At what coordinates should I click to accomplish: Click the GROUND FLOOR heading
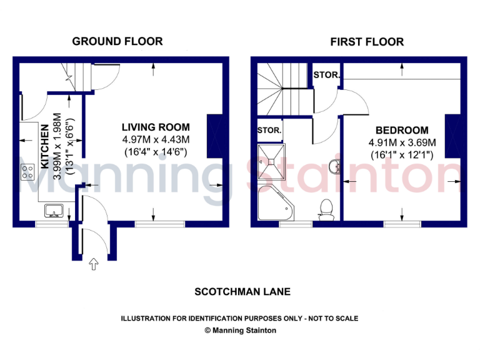(x=117, y=41)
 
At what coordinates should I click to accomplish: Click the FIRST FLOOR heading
(x=367, y=42)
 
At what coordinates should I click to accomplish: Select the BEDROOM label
(x=402, y=131)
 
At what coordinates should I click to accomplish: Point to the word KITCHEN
(x=46, y=147)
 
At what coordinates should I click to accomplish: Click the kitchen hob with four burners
(x=28, y=172)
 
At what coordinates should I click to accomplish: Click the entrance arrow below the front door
(x=94, y=264)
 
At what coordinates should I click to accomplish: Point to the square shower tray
(x=273, y=159)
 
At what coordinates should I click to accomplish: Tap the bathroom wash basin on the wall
(x=335, y=166)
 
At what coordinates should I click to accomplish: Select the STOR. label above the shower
(x=269, y=131)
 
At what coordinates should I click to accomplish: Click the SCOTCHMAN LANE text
(x=242, y=292)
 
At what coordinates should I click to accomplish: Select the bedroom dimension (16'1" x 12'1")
(x=402, y=154)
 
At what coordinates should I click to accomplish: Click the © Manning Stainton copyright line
(x=240, y=331)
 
